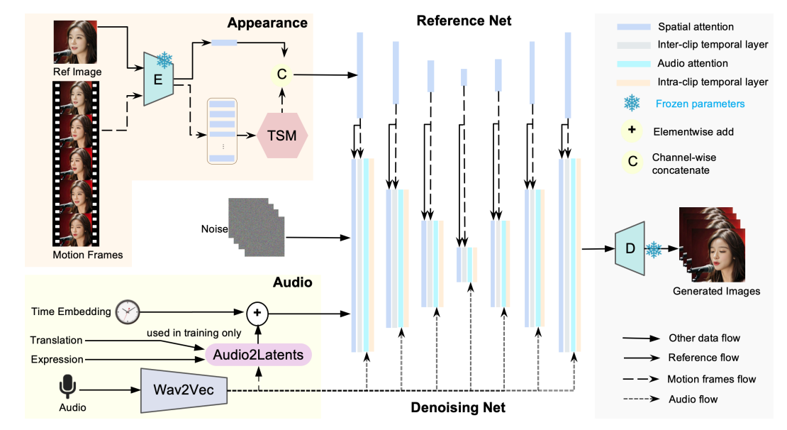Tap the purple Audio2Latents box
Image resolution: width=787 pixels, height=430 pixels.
(x=259, y=353)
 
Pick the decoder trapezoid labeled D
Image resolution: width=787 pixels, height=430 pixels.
(x=629, y=249)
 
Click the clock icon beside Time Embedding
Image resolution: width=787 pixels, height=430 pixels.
(x=128, y=311)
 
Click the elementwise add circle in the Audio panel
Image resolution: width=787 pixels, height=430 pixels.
(x=257, y=311)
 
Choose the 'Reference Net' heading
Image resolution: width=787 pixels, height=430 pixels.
(x=464, y=20)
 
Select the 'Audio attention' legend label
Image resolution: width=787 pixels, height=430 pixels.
(x=692, y=63)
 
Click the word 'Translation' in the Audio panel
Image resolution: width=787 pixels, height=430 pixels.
(x=57, y=341)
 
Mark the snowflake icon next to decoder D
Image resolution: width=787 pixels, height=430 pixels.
(x=654, y=250)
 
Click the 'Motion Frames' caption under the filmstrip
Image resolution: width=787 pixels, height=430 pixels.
(x=87, y=255)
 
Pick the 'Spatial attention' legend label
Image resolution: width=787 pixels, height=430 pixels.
(x=694, y=26)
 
